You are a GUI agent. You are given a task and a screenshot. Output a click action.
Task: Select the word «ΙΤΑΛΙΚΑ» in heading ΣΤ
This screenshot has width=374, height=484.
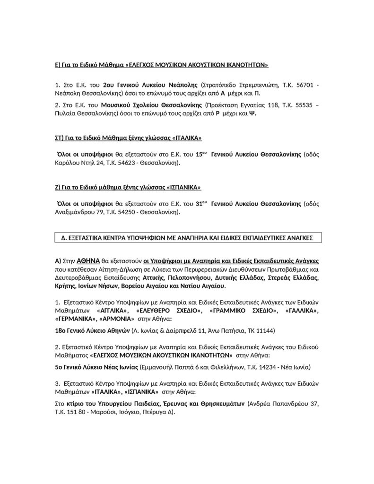tap(184, 138)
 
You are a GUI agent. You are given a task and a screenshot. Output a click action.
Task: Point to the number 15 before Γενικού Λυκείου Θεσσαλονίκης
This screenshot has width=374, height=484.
tap(201, 154)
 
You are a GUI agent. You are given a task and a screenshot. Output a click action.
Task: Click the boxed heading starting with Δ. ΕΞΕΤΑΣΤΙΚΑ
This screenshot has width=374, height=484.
tap(188, 238)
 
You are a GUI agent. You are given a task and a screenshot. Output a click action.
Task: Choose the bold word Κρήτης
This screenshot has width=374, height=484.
tap(66, 286)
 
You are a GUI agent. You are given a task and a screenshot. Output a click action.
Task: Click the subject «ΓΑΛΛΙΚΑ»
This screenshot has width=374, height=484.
tap(303, 311)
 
